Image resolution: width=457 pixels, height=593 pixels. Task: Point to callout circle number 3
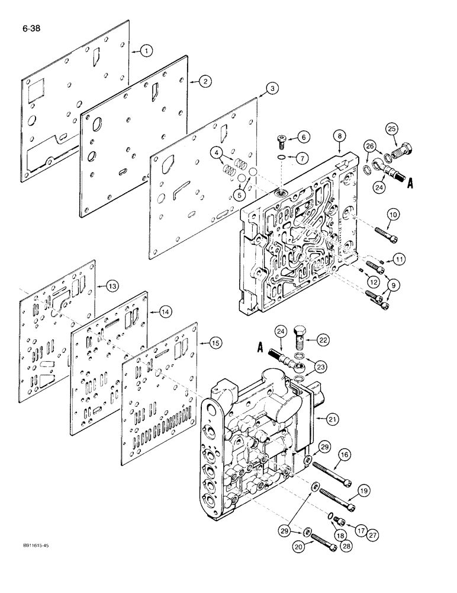(271, 88)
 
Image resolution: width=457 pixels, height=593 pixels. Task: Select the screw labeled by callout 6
(282, 141)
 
